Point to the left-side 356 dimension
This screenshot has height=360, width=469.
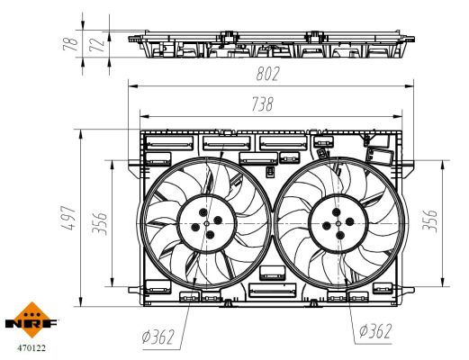click(101, 220)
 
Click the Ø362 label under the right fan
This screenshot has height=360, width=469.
click(374, 331)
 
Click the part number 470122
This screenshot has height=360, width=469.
click(31, 343)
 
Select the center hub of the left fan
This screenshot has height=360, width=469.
click(207, 223)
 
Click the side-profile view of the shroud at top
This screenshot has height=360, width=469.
click(270, 44)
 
